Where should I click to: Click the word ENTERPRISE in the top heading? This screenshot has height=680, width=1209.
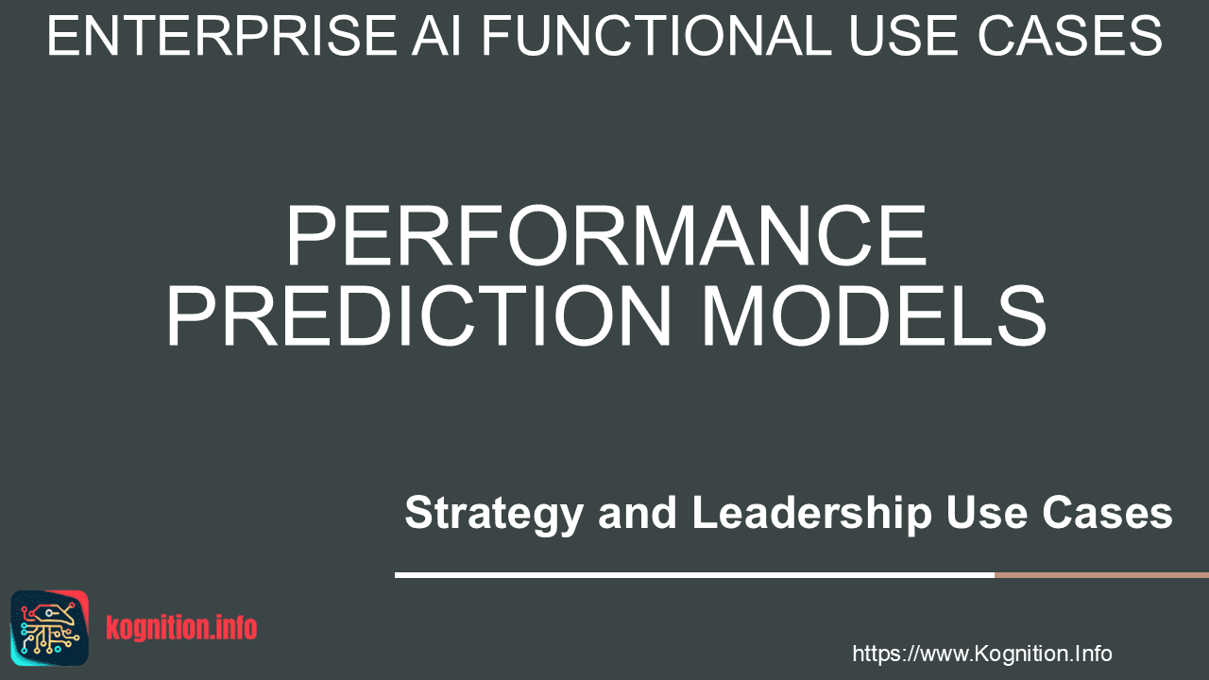[x=222, y=36]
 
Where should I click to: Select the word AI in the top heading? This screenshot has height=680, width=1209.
[x=436, y=36]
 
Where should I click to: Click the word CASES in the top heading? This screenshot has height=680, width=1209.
[x=1070, y=36]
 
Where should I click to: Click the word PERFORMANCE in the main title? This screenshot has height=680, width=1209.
[x=606, y=236]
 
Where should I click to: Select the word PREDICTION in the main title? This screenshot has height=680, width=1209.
[x=418, y=315]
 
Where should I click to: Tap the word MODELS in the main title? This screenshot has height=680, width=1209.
[x=874, y=315]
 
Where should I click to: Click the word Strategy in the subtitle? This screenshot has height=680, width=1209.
[x=494, y=514]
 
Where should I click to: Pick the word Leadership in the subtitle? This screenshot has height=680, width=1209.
[x=811, y=513]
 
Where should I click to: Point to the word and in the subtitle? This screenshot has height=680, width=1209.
[x=637, y=513]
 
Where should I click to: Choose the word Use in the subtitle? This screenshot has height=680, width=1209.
[x=986, y=513]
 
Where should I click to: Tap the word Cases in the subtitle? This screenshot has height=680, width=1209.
[x=1108, y=513]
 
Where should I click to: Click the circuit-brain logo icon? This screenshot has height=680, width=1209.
[x=50, y=628]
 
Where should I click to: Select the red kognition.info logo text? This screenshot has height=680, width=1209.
[x=181, y=628]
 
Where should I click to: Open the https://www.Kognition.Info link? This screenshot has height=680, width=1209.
[x=981, y=654]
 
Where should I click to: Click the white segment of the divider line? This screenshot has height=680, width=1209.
[x=694, y=575]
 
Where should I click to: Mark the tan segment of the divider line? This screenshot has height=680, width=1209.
[x=1101, y=575]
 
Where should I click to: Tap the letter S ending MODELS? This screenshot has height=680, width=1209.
[x=1022, y=315]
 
